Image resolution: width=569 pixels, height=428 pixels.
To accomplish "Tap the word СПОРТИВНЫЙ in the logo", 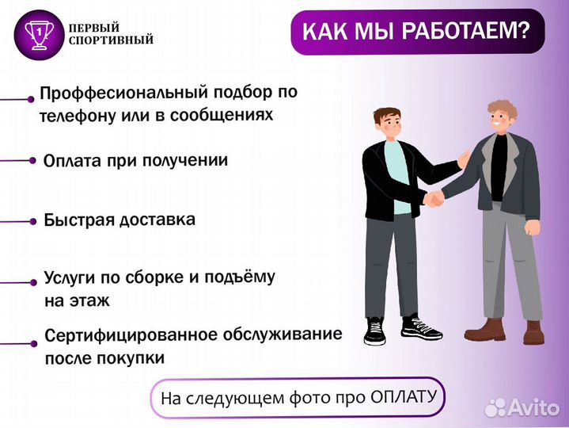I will pos(112,40).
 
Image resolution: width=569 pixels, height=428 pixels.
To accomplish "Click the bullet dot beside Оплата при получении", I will pos(32,160).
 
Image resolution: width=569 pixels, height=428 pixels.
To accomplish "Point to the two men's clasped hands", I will pos(434,197).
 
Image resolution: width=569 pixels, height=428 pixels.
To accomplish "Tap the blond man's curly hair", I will pos(502,109).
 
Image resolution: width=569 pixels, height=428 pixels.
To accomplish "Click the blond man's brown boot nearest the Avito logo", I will pos(534,332).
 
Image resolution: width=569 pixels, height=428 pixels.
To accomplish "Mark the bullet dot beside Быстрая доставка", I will pos(32,221).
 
